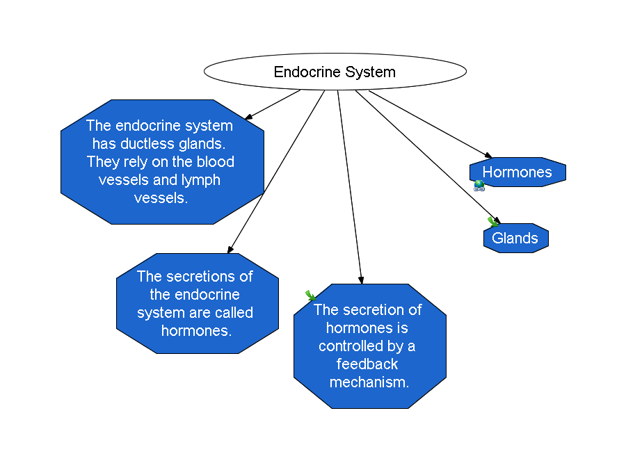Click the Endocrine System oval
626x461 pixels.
335,72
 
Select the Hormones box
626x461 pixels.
517,172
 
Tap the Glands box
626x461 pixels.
516,238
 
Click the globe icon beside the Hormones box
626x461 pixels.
479,186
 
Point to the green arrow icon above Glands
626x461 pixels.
492,222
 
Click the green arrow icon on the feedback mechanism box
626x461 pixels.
311,296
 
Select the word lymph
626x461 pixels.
201,180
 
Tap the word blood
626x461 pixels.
215,161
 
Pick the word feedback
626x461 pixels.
367,364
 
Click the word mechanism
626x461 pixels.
369,382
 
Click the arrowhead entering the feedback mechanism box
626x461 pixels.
361,280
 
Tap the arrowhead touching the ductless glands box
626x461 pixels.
248,117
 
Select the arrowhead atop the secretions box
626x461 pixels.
230,250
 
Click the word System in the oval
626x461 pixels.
370,72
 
